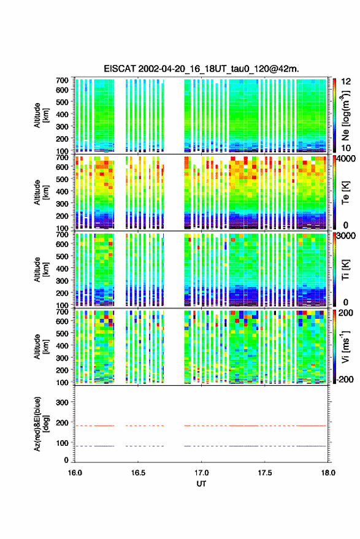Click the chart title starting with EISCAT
[x=202, y=69]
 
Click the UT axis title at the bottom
[x=202, y=484]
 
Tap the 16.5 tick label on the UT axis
[x=138, y=473]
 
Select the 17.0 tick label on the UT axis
[x=202, y=473]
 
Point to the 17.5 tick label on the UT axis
[x=265, y=473]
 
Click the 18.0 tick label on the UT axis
[x=328, y=473]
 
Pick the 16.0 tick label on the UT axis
[x=75, y=473]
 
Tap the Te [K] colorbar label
[x=345, y=193]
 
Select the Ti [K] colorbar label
[x=345, y=270]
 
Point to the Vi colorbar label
[x=345, y=346]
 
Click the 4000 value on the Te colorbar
[x=345, y=159]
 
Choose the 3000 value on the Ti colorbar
[x=346, y=235]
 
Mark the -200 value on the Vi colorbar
[x=344, y=379]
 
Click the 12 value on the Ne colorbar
[x=347, y=82]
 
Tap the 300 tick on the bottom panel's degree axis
[x=62, y=402]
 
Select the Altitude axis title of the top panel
[x=41, y=115]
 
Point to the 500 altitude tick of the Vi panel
[x=62, y=333]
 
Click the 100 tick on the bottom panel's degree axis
[x=62, y=443]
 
